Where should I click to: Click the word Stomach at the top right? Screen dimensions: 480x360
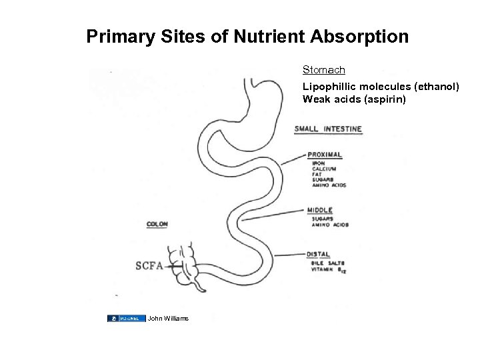click(x=323, y=69)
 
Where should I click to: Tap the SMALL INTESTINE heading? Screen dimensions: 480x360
click(x=329, y=129)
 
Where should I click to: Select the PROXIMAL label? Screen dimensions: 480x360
click(x=325, y=155)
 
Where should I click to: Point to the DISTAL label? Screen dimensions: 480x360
click(x=319, y=253)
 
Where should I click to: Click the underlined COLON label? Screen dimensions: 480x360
click(x=157, y=225)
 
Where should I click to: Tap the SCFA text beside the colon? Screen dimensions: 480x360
click(x=149, y=266)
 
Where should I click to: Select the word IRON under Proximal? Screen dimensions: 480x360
click(x=318, y=163)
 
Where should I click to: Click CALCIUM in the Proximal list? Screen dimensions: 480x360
click(x=323, y=169)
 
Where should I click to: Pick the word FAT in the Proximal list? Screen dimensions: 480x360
click(x=317, y=175)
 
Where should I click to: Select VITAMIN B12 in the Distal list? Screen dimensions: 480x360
click(x=327, y=269)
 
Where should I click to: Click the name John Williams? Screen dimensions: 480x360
click(x=169, y=318)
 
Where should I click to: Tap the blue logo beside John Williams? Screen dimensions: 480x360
click(x=126, y=318)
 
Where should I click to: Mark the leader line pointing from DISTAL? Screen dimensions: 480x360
click(x=289, y=254)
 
